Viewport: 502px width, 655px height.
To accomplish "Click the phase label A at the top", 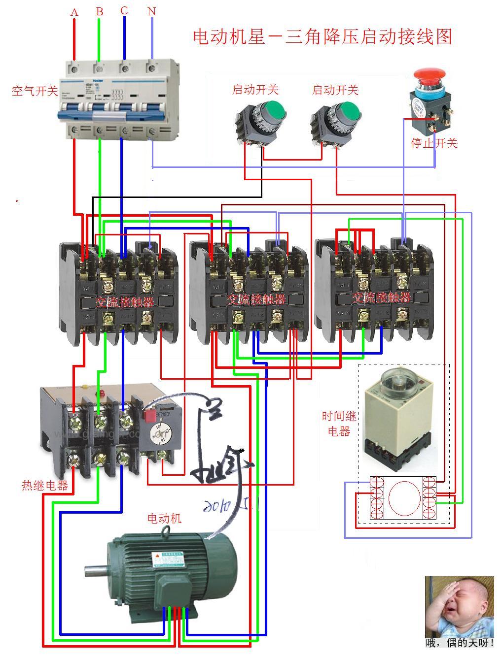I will click(74, 12).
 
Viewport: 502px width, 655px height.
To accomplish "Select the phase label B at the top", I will click(100, 11).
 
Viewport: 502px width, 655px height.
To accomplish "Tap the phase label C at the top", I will click(124, 10).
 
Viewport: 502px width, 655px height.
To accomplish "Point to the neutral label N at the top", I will click(151, 11).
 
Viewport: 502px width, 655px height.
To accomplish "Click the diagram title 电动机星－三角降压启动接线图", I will click(323, 36).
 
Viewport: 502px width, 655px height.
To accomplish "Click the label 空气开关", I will click(35, 91).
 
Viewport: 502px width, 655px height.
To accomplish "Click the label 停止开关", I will click(434, 143).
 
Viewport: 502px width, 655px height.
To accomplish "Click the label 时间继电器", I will click(339, 424).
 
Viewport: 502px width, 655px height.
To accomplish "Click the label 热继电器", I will click(45, 485).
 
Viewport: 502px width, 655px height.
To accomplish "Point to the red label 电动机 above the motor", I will click(165, 518).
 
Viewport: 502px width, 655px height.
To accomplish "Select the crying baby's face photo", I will click(460, 606).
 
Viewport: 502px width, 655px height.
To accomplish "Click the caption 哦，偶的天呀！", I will click(460, 642).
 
